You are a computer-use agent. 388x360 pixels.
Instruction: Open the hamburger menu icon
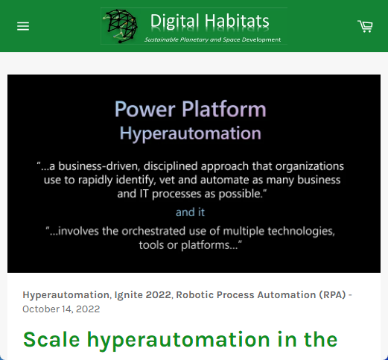[x=23, y=26]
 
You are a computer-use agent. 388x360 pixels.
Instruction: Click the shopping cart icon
[x=365, y=26]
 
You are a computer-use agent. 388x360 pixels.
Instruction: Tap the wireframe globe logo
[x=120, y=26]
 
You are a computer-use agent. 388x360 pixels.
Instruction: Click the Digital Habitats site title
[x=210, y=21]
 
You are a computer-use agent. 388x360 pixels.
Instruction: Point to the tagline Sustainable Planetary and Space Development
[x=212, y=40]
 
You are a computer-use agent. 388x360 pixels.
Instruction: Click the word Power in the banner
[x=145, y=109]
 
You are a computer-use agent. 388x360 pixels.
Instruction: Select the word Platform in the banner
[x=224, y=109]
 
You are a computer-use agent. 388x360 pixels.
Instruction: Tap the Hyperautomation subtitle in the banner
[x=191, y=133]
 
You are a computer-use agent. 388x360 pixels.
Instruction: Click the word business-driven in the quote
[x=95, y=166]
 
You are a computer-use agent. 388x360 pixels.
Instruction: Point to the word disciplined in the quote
[x=171, y=166]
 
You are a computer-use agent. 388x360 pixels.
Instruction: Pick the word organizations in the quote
[x=310, y=166]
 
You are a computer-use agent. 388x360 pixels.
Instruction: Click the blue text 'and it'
[x=190, y=212]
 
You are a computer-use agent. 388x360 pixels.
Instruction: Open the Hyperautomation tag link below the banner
[x=66, y=295]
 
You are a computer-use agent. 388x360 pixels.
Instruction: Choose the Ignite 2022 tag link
[x=143, y=295]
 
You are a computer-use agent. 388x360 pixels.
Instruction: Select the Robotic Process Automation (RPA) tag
[x=261, y=295]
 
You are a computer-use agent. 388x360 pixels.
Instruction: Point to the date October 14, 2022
[x=61, y=309]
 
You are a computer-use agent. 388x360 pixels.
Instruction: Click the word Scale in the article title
[x=51, y=339]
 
